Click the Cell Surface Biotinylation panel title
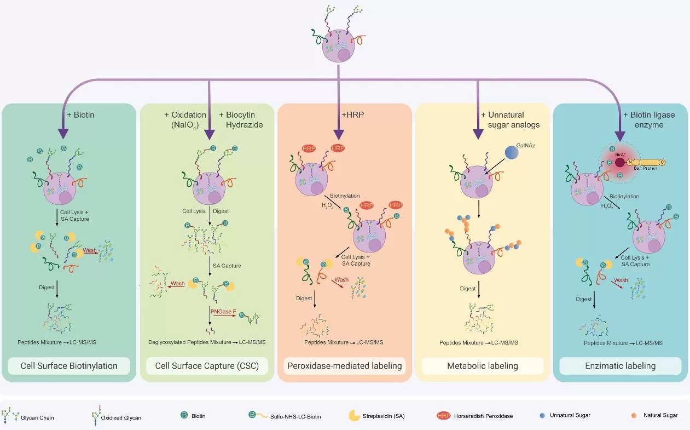pos(69,366)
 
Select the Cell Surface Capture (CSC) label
pos(207,366)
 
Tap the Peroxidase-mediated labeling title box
pos(344,366)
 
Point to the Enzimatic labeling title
pos(621,366)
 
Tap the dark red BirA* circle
pos(619,162)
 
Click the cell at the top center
pos(339,46)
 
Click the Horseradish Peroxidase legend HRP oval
pos(444,416)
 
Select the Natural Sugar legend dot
pos(634,415)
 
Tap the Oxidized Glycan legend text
pos(125,417)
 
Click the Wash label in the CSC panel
pos(177,284)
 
